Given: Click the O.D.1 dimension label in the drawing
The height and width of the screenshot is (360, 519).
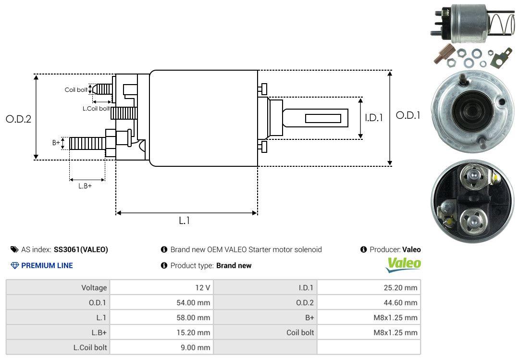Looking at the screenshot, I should coord(408,115).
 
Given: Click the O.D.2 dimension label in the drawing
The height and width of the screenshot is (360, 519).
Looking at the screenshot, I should coord(18,119).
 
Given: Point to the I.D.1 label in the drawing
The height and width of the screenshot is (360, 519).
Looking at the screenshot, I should coord(373,117).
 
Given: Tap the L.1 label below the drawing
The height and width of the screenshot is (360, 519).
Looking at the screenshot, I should coord(185,221).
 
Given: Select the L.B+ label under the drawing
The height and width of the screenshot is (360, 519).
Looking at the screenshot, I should coord(85,186).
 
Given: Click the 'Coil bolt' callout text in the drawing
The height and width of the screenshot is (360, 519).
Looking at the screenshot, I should coord(76,90).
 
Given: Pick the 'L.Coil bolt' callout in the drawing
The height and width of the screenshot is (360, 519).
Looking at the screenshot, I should coord(96,109).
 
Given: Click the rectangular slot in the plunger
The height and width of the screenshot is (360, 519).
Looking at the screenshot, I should coord(323,118).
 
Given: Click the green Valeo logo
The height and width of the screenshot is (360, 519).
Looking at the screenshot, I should coord(404,264).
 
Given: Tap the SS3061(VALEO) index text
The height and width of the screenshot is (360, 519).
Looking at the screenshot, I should coord(81,249).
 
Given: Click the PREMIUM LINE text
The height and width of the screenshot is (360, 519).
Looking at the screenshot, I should coord(47,265).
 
